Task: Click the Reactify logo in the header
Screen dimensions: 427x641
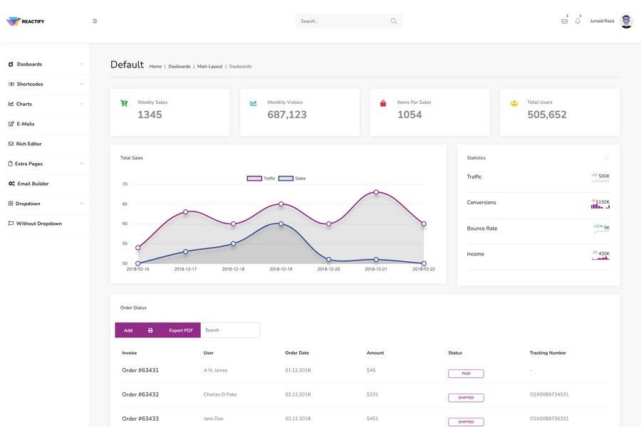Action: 25,21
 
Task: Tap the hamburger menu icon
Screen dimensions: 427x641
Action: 95,21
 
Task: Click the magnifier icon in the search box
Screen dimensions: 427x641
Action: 394,21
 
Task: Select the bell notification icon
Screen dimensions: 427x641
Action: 578,21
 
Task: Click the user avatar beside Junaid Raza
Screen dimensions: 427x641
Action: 626,21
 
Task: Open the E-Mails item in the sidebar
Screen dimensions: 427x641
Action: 25,124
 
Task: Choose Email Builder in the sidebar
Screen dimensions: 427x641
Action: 33,184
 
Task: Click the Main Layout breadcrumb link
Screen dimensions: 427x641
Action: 209,66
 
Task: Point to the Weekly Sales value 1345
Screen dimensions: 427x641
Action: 150,115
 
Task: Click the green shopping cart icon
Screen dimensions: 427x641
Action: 124,103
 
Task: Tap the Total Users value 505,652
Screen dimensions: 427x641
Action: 547,115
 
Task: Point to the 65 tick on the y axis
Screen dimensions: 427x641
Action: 125,204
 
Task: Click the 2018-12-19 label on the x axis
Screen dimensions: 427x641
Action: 281,269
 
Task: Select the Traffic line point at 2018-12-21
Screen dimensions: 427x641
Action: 376,192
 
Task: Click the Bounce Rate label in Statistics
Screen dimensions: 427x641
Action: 482,228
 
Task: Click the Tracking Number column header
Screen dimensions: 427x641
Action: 548,353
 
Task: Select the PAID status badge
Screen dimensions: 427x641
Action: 466,374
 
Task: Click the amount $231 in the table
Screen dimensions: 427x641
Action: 372,394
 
